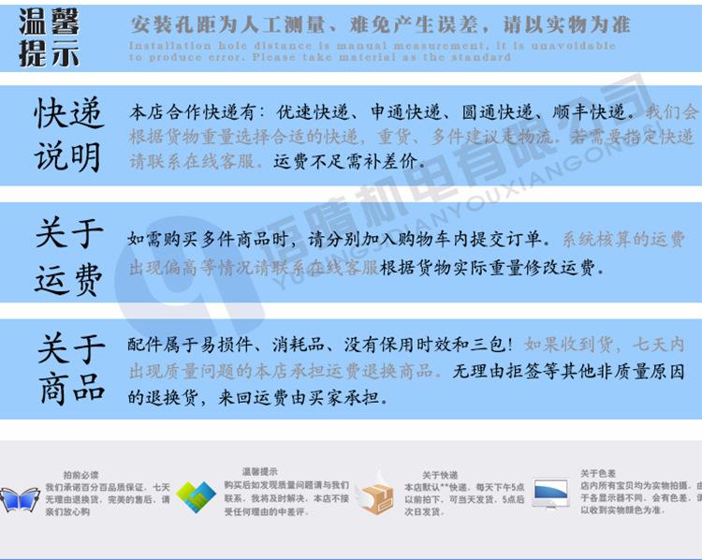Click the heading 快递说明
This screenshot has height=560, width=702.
pos(67,136)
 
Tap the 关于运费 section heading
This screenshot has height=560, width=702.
pos(68,255)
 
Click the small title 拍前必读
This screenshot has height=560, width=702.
pos(80,476)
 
